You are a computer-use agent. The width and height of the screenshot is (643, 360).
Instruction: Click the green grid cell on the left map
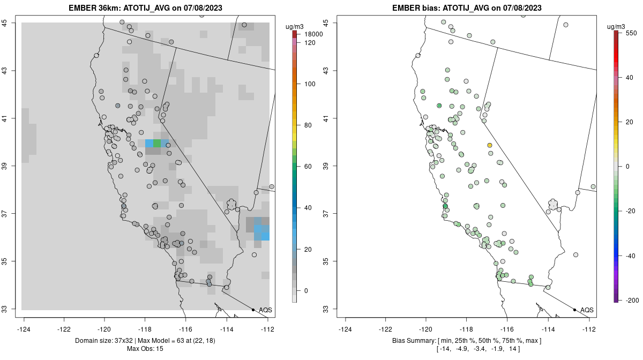pos(156,143)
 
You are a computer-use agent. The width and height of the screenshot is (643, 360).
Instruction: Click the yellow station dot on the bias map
pos(490,145)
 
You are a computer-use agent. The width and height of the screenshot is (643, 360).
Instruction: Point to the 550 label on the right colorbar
pos(631,33)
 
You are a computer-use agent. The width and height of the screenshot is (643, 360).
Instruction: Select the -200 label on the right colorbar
pos(631,300)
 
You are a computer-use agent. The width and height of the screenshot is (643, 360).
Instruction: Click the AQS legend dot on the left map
pos(253,310)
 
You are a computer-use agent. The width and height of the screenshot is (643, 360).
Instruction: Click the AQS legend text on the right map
pos(587,310)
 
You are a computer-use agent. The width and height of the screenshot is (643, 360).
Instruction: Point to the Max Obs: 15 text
pos(145,349)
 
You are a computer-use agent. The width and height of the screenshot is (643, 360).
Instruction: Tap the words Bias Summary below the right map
pos(412,341)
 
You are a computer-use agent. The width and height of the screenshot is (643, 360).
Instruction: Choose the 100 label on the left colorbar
pos(310,84)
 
